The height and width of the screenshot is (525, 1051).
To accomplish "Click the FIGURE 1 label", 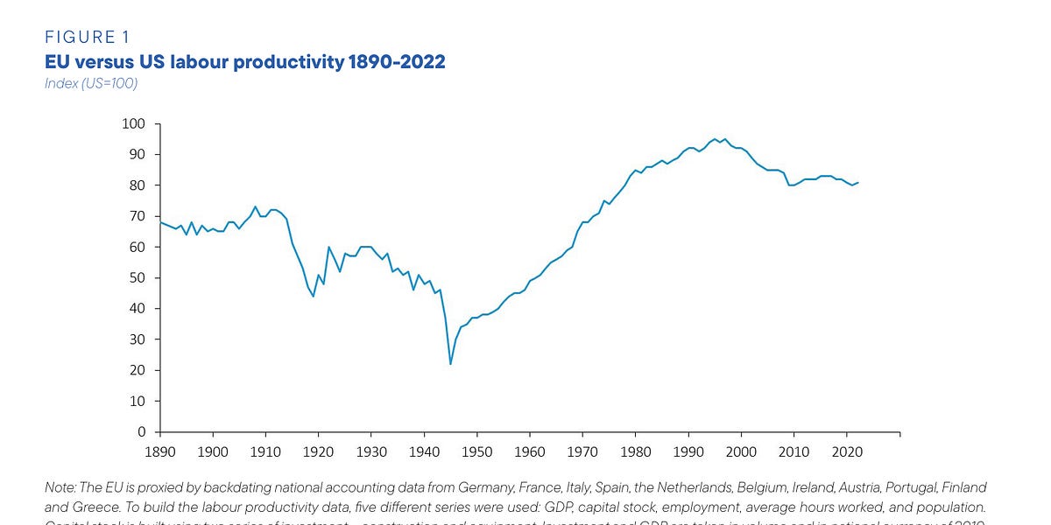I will click(86, 37).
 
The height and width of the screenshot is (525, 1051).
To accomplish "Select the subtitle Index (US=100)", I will click(91, 83).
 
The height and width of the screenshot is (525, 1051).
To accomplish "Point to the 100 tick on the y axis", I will click(134, 123).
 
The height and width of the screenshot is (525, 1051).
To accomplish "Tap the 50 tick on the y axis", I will click(138, 278).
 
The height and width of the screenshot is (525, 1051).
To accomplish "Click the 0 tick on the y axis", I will click(141, 432).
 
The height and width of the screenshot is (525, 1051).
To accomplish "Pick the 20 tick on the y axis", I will click(138, 370).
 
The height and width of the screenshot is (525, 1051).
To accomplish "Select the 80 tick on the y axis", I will click(138, 185).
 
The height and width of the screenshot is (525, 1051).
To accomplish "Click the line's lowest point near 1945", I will click(450, 364).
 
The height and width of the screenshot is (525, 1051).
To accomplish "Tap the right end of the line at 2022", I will click(857, 182).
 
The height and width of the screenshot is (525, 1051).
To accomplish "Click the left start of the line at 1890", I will click(160, 222).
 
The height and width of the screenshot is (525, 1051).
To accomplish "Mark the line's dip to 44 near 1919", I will click(313, 297).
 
